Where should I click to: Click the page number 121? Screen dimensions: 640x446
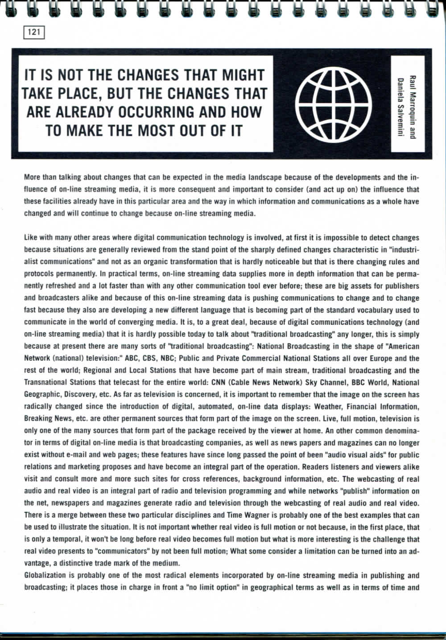(34, 32)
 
